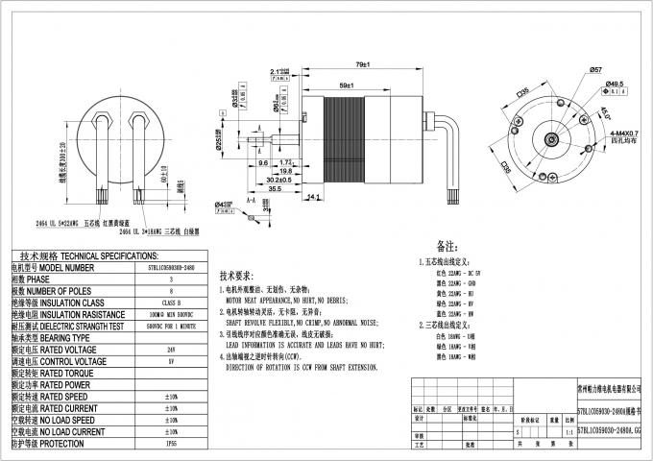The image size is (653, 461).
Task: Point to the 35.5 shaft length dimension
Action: point(276,189)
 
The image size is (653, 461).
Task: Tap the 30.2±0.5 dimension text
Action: point(278,179)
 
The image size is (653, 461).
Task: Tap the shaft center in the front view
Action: point(555,140)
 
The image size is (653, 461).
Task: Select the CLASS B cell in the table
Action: point(170,303)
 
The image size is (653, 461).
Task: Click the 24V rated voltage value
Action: point(170,350)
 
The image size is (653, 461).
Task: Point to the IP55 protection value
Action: point(170,444)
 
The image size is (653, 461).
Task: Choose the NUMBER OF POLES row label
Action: point(53,290)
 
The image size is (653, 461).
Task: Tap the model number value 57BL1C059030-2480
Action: point(170,268)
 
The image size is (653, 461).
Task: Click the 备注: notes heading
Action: point(447,246)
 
